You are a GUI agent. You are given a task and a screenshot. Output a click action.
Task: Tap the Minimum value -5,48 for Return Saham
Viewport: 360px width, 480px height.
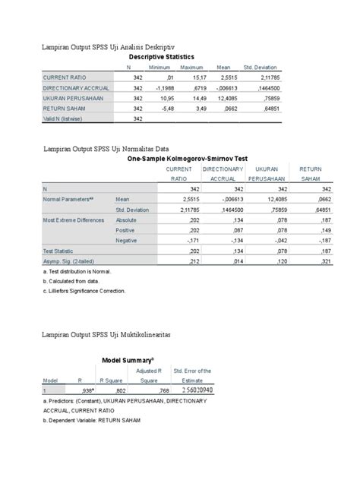(163, 108)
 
